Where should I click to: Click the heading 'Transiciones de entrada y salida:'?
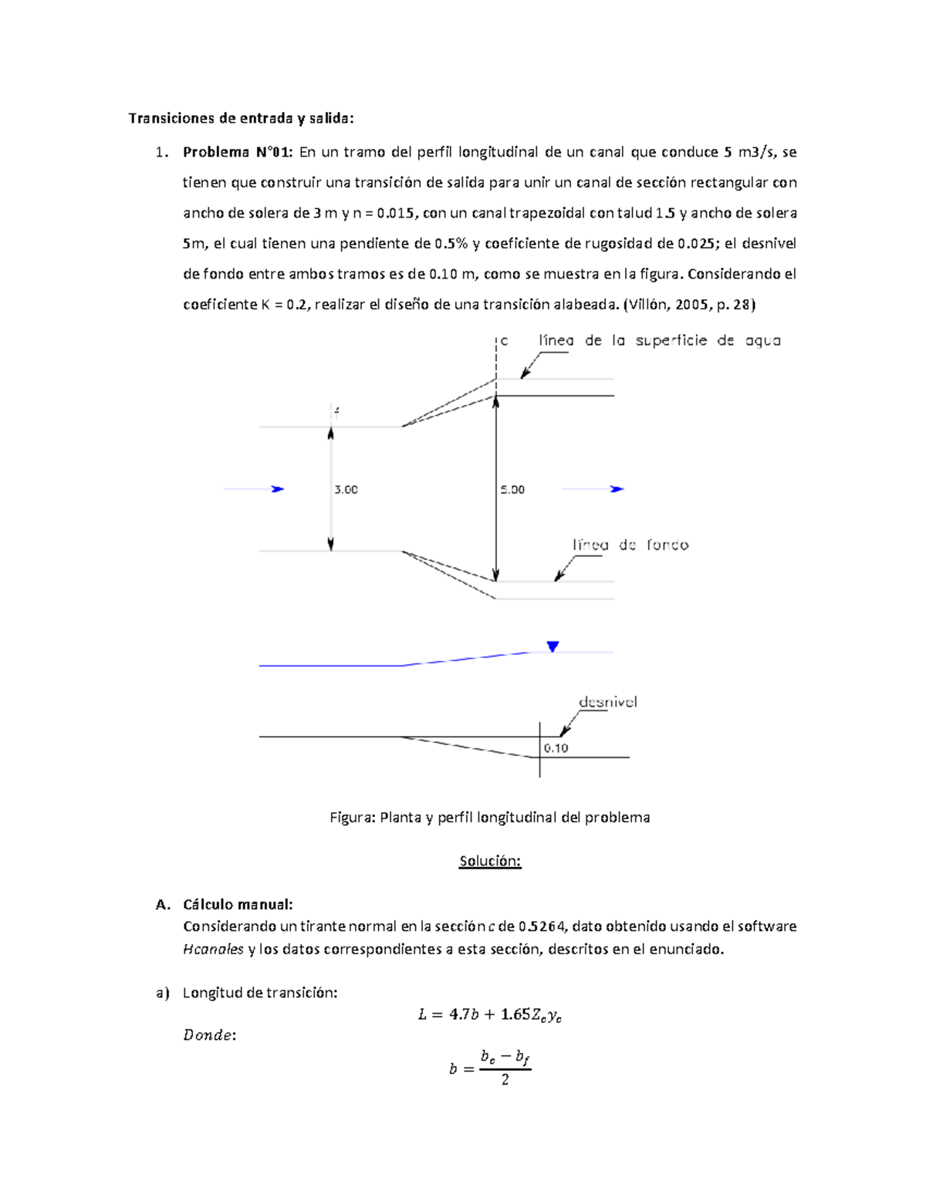241,118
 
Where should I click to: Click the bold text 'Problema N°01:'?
237,152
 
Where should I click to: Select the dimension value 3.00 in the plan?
346,490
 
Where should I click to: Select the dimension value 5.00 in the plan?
512,490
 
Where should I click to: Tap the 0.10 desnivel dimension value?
556,748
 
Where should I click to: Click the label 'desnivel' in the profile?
607,703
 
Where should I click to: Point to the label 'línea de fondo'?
630,545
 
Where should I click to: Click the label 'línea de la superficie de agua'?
659,341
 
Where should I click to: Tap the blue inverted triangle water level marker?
553,646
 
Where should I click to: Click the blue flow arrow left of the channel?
255,489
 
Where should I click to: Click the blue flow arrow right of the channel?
593,489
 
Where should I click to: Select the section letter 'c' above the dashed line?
504,341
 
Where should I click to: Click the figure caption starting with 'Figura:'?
489,818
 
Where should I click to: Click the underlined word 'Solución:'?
490,862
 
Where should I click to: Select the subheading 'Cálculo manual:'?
238,905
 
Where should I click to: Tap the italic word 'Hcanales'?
213,950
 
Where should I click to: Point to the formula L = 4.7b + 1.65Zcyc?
489,1015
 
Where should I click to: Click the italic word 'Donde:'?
209,1035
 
